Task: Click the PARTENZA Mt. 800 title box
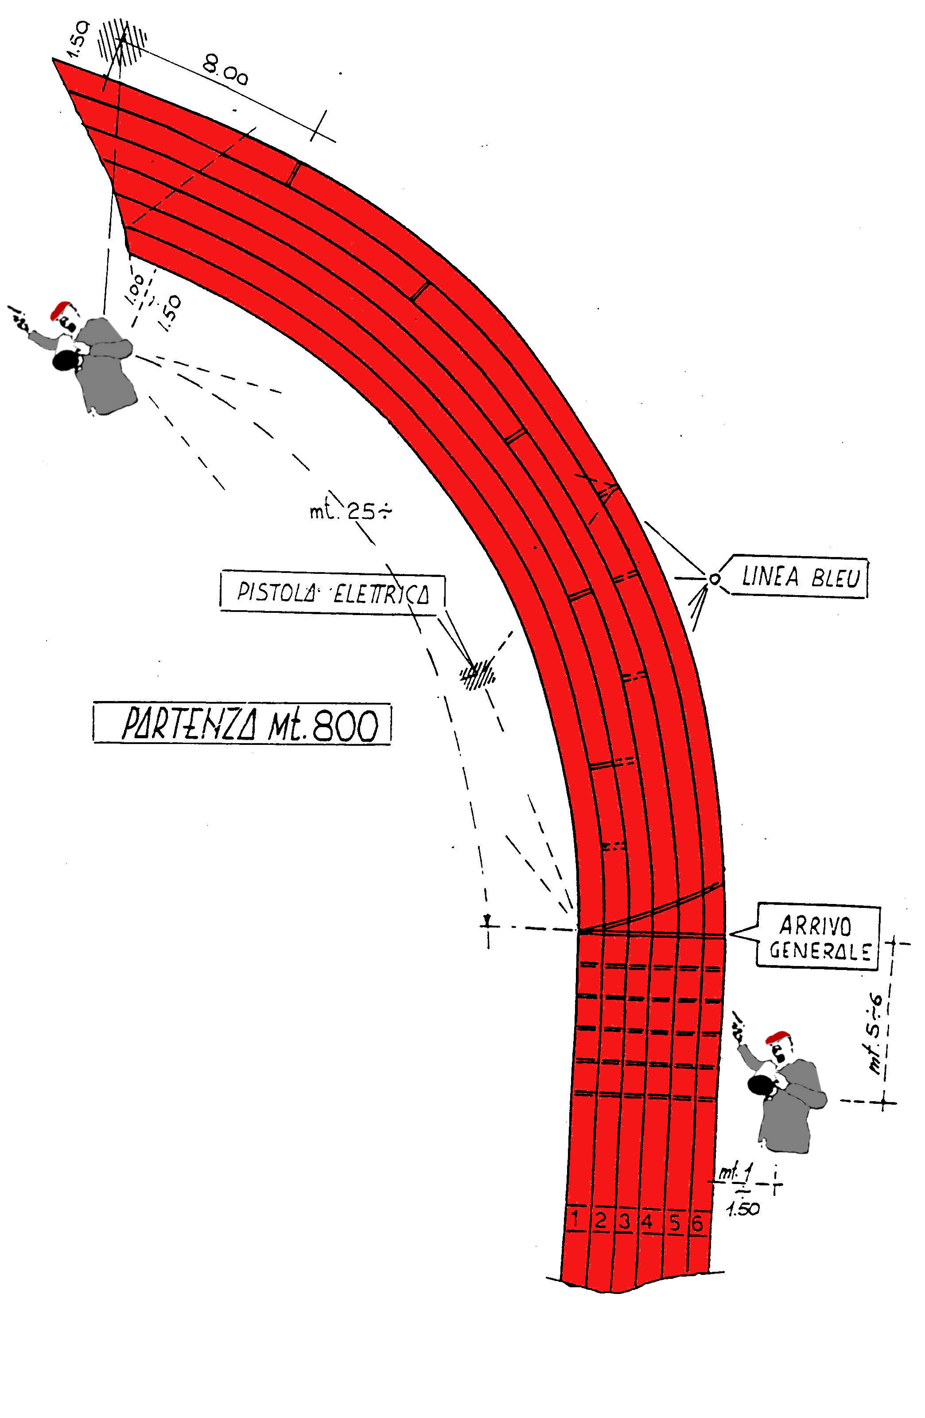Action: [x=242, y=724]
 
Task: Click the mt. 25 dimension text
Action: [x=350, y=512]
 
